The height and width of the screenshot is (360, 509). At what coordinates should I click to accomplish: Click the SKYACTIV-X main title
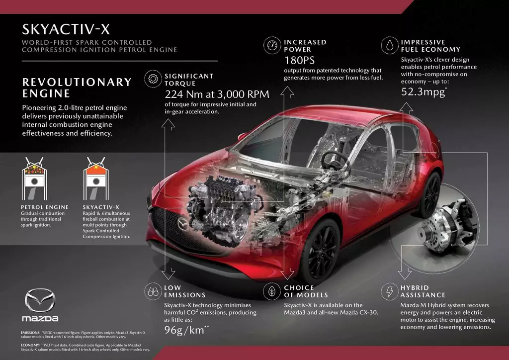[x=66, y=29]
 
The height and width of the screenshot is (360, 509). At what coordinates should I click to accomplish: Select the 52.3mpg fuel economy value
[x=424, y=92]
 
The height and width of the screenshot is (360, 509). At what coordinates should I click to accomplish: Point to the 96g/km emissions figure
[x=186, y=330]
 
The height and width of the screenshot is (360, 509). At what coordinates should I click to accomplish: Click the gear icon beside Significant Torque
[x=153, y=79]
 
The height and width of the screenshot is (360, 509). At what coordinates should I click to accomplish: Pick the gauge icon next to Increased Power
[x=272, y=45]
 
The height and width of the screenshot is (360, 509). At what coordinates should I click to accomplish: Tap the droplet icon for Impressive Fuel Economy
[x=390, y=45]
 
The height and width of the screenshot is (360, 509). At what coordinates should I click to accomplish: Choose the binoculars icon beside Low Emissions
[x=153, y=291]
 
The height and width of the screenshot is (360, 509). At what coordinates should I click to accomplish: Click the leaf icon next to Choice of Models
[x=272, y=291]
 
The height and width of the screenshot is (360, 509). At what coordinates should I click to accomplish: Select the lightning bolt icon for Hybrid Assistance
[x=389, y=291]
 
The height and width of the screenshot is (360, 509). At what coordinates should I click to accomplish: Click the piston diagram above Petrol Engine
[x=34, y=179]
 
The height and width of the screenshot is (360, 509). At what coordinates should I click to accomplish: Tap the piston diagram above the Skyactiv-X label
[x=96, y=179]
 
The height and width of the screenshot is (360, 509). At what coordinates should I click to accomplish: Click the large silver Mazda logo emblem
[x=40, y=300]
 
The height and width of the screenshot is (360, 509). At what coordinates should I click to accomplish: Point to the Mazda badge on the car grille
[x=183, y=224]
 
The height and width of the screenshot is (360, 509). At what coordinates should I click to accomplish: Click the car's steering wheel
[x=335, y=160]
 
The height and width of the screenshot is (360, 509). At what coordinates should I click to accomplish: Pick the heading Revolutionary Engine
[x=77, y=88]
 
